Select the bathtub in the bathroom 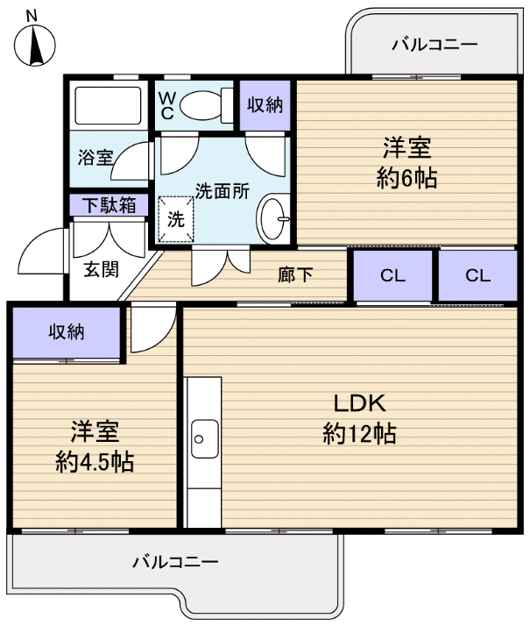point(108,106)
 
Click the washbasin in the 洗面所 point(274,213)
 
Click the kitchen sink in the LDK point(203,433)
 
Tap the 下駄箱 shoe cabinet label point(109,205)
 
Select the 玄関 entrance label point(101,269)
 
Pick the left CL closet point(392,275)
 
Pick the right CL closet point(477,275)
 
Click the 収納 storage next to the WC point(264,105)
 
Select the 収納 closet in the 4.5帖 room point(65,331)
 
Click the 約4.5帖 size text point(94,461)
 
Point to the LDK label point(359,402)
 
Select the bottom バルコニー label point(174,561)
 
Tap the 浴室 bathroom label point(95,158)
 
